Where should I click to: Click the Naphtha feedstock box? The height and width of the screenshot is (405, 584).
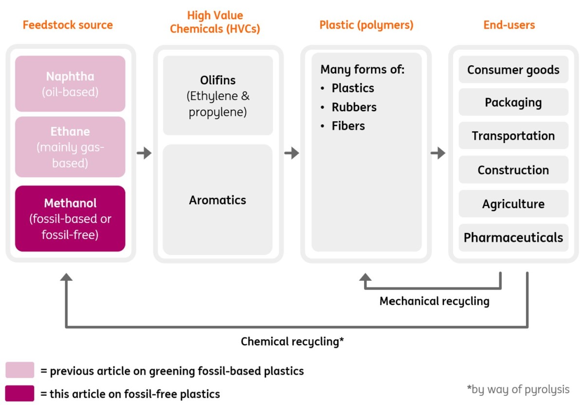pos(70,83)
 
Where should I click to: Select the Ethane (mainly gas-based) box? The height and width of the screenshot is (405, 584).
pos(70,147)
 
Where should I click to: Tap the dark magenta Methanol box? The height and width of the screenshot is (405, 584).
pos(70,219)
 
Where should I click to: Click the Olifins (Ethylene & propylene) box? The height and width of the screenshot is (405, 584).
pos(218,95)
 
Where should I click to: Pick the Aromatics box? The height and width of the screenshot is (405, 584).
pos(218,200)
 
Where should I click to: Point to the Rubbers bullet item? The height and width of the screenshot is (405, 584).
pos(354,107)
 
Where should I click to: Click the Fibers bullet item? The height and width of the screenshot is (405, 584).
pos(348,126)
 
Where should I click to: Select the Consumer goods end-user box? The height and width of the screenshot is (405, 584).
pos(513,70)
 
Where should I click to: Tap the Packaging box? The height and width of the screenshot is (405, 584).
pos(513,102)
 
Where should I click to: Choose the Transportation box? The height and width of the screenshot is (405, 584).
pos(513,136)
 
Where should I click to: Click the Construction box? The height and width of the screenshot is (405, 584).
pos(513,170)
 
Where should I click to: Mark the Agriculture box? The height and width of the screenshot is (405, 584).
pos(513,203)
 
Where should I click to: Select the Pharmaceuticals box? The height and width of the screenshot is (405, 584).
pos(513,238)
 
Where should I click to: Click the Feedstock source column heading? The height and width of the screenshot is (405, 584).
pos(68,25)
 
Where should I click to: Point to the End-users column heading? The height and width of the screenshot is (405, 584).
pos(509,25)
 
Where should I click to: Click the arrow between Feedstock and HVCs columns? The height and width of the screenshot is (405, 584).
pos(144,153)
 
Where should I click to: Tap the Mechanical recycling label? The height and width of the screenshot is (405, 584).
pos(434,301)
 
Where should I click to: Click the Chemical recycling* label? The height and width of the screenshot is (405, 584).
pos(292,342)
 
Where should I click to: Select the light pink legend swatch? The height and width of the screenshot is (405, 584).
pos(20,370)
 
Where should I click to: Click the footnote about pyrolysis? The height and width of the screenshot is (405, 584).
pos(518,389)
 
